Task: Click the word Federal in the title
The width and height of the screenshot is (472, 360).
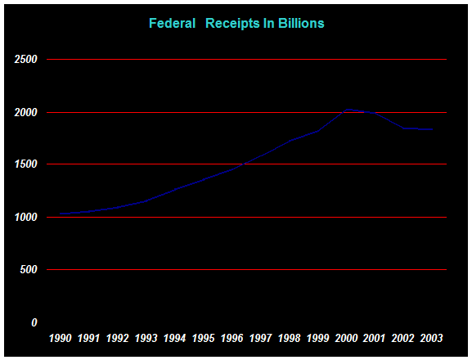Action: tap(172, 24)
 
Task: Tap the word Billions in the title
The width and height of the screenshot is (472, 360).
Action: tap(301, 24)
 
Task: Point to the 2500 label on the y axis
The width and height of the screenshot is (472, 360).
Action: tap(25, 59)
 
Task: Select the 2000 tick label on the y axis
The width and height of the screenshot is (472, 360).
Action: tap(25, 113)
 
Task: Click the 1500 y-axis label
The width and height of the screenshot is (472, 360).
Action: tap(26, 164)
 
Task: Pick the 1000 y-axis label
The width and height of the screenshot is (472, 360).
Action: tap(26, 217)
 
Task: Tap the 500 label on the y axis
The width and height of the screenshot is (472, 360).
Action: tap(29, 269)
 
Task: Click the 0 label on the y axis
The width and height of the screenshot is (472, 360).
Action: tap(34, 322)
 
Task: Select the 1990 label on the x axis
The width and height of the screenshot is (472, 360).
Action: tap(61, 339)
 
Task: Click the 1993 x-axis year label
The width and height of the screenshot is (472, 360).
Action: tap(146, 339)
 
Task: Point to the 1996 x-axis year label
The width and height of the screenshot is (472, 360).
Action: tap(232, 339)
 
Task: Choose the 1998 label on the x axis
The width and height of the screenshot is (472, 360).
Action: tap(289, 339)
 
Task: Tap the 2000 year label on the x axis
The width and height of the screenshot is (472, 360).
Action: tap(346, 339)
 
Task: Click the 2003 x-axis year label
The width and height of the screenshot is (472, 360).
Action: tap(431, 339)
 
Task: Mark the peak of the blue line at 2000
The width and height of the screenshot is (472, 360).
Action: tap(347, 110)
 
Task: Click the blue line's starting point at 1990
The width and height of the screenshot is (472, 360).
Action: tap(61, 214)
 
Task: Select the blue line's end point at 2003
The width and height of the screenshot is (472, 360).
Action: tap(432, 129)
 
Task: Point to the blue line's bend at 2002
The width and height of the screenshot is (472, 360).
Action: tap(403, 128)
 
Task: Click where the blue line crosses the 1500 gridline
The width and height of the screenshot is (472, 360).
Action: tap(243, 164)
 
